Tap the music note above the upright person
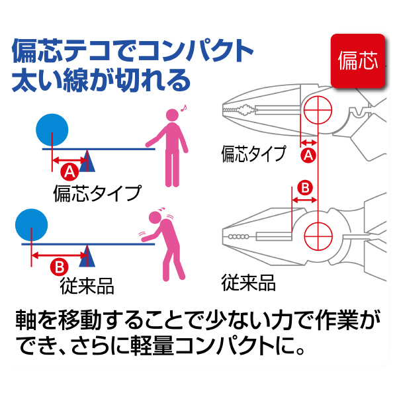(185, 105)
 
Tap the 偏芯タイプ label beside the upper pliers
(253, 154)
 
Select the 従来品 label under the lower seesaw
(87, 286)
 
